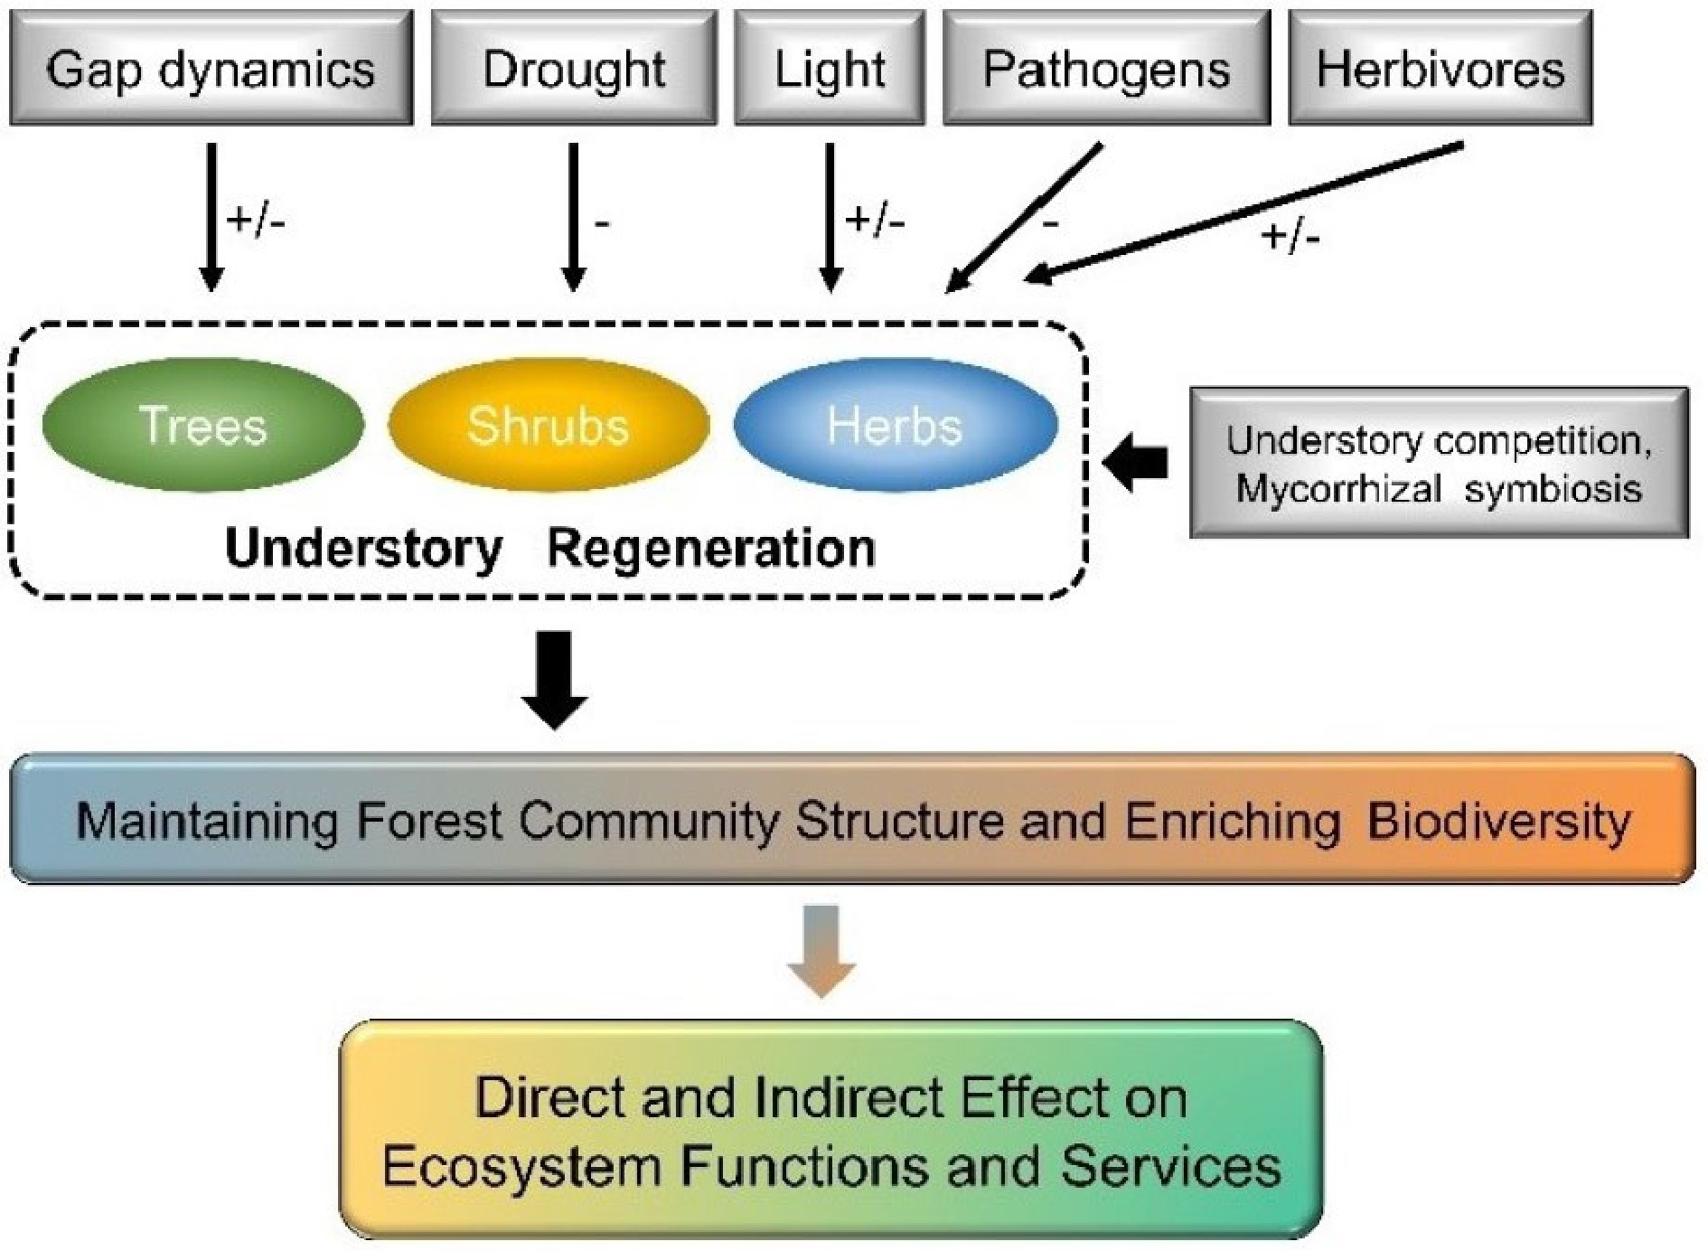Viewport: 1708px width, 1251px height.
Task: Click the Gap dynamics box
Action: coord(211,69)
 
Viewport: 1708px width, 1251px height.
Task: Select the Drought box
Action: coord(574,69)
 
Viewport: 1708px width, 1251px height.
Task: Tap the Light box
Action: coord(830,69)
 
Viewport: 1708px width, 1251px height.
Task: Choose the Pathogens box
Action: coord(1106,69)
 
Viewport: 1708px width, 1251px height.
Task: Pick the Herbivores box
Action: coord(1440,69)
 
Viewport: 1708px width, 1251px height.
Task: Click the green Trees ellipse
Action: coord(203,425)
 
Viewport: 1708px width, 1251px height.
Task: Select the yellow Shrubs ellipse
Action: coord(549,425)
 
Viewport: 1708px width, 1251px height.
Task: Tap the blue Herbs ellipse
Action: coord(895,425)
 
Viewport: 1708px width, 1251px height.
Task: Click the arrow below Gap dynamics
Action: coord(211,217)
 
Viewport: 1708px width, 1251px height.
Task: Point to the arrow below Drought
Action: coord(573,217)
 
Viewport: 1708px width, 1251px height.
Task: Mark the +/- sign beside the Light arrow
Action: coord(875,220)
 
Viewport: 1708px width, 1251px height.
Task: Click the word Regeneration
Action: coord(711,549)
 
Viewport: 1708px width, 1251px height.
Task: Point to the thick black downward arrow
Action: coord(555,680)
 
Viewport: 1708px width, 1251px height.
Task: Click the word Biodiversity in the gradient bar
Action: coord(1498,822)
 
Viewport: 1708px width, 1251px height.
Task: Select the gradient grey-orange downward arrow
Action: coord(821,951)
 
